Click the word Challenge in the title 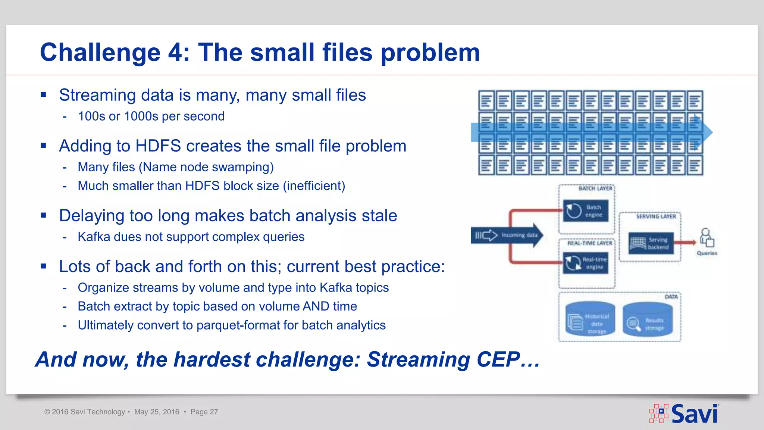pos(100,53)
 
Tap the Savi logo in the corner pos(684,414)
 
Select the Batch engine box pos(585,211)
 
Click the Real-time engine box pos(585,263)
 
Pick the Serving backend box pos(651,243)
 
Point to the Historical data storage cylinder pos(590,320)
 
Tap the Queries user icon pos(706,238)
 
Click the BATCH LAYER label pos(595,188)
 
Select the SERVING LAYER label pos(656,216)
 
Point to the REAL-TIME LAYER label pos(590,243)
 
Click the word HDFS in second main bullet pos(158,146)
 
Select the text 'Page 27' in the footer pos(204,412)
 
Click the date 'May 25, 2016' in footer pos(157,412)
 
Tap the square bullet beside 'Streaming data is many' pos(44,95)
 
